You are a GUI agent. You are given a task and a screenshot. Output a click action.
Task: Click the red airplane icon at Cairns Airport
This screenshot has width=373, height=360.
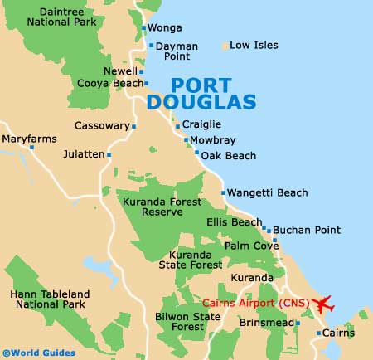coord(322,304)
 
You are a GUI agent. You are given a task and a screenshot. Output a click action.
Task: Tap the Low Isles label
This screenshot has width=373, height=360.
coord(254,45)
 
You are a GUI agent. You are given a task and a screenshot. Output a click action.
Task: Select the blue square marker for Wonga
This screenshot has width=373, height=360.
coord(144,28)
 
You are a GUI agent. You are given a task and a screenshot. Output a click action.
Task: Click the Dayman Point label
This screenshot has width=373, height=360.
coord(177,51)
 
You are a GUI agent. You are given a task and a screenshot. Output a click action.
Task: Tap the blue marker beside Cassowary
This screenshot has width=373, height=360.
coord(133,126)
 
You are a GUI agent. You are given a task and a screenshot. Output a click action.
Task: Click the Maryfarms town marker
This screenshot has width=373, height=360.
coord(32,147)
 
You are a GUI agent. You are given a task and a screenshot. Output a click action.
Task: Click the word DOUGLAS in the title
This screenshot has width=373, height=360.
coord(190,102)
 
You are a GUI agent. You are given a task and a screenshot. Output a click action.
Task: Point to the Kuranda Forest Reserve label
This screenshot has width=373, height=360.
coord(153,207)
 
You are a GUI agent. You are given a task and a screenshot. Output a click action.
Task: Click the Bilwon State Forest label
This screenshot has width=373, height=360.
coord(188,322)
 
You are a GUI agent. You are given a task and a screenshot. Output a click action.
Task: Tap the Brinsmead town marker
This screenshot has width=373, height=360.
coord(298,322)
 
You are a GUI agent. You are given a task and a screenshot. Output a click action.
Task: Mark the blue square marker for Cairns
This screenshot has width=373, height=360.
coord(317,333)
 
